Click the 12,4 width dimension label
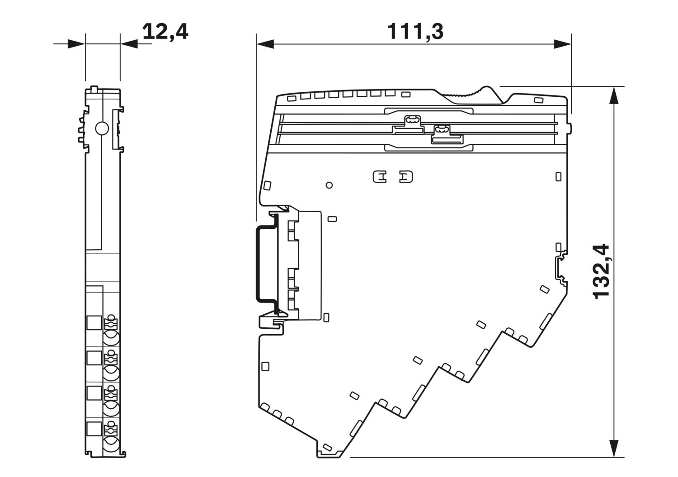165,32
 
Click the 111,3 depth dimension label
415,32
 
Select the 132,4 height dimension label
601,272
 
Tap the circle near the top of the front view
102,128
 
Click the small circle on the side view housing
330,185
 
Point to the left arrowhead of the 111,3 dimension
265,44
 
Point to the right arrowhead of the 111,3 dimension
563,44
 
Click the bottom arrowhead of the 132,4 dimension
613,448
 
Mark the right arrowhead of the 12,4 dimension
129,44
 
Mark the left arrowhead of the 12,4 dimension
76,44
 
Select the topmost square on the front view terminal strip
94,322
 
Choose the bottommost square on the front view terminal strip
94,429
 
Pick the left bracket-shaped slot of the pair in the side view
380,177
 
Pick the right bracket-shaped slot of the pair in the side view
406,177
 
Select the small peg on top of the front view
94,89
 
